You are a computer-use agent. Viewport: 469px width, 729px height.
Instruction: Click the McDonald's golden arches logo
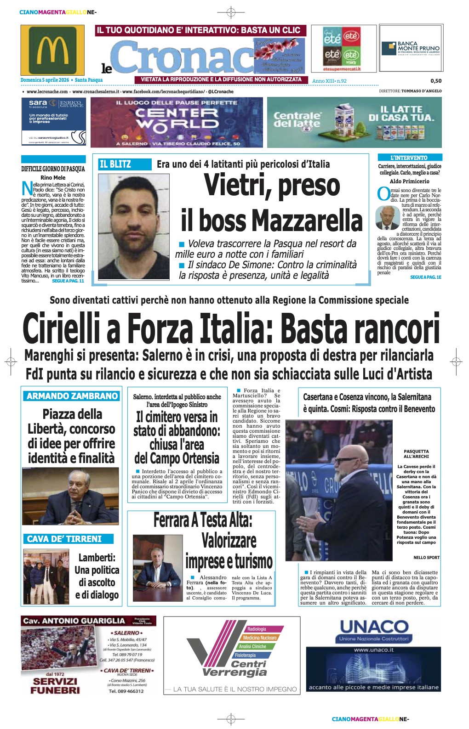(x=52, y=50)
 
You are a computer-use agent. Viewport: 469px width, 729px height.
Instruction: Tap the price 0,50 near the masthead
(x=436, y=81)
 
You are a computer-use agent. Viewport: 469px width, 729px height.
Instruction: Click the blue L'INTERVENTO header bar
(x=409, y=158)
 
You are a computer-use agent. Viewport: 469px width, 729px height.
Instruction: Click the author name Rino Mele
(x=53, y=177)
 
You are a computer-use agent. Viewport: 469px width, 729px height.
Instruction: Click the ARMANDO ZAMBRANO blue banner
(x=72, y=396)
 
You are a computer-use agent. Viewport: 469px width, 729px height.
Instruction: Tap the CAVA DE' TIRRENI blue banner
(x=64, y=539)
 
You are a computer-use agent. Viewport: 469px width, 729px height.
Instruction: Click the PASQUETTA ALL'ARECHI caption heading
(x=416, y=454)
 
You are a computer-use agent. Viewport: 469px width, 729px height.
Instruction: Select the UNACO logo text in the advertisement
(x=374, y=627)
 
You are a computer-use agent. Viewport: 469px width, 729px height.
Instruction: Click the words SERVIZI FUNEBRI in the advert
(x=55, y=685)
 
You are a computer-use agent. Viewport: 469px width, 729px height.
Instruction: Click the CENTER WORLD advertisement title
(x=177, y=118)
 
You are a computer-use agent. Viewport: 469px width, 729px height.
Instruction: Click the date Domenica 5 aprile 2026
(x=45, y=80)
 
